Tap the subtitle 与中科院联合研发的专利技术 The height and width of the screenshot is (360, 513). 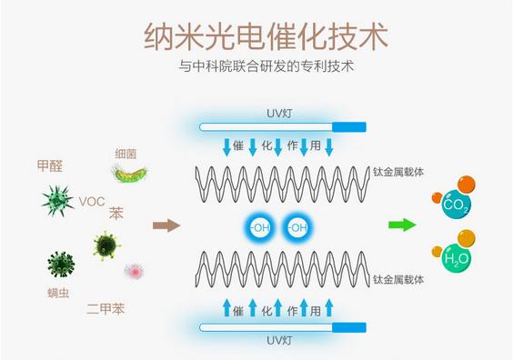[x=265, y=68]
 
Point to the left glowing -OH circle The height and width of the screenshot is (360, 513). [x=258, y=226]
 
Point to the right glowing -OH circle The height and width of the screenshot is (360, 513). [x=297, y=226]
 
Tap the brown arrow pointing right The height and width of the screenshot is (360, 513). [x=166, y=225]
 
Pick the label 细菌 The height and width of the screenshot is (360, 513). [x=126, y=154]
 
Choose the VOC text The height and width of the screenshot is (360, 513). [x=92, y=201]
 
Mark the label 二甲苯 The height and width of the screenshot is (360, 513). [x=106, y=309]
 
